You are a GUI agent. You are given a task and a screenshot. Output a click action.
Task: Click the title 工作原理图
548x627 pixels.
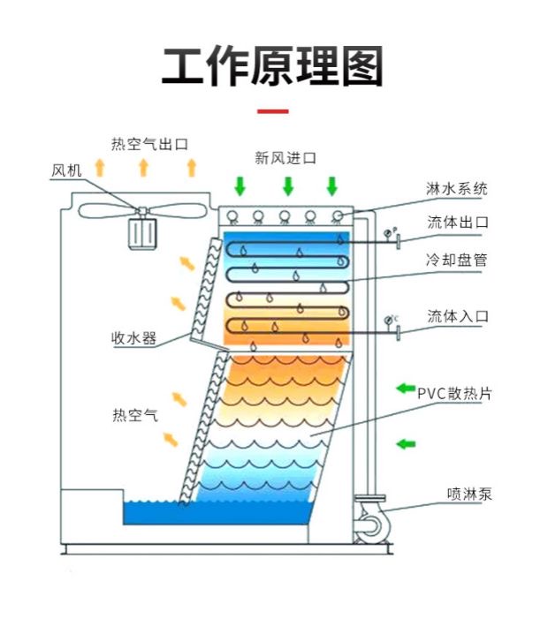pos(273,67)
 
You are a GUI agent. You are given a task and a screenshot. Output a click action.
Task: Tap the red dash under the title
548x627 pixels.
pos(272,112)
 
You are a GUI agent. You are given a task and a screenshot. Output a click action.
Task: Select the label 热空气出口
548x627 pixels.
pos(149,143)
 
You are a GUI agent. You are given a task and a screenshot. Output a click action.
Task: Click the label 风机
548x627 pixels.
pos(65,170)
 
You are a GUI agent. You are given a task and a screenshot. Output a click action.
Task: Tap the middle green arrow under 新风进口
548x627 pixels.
pos(287,186)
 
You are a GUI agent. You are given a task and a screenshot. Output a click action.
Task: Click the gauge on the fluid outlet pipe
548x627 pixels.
pos(389,236)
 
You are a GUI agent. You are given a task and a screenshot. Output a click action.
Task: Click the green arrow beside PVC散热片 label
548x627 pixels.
pos(406,388)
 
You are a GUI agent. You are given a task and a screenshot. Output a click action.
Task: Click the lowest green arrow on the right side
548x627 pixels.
pos(406,442)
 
